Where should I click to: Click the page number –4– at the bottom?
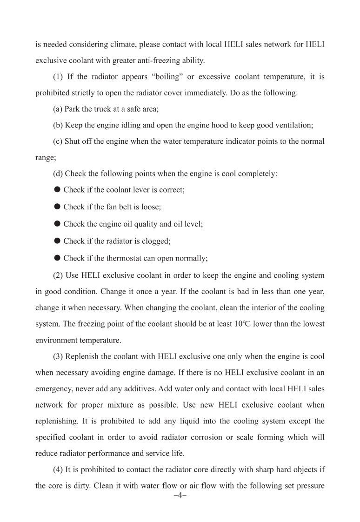pos(180,495)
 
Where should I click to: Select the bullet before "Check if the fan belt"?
pos(58,207)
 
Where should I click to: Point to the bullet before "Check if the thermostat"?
pos(58,258)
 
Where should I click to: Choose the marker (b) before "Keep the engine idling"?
pos(59,125)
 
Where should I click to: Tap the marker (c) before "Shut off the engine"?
pos(59,141)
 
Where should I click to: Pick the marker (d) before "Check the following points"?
pos(59,174)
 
